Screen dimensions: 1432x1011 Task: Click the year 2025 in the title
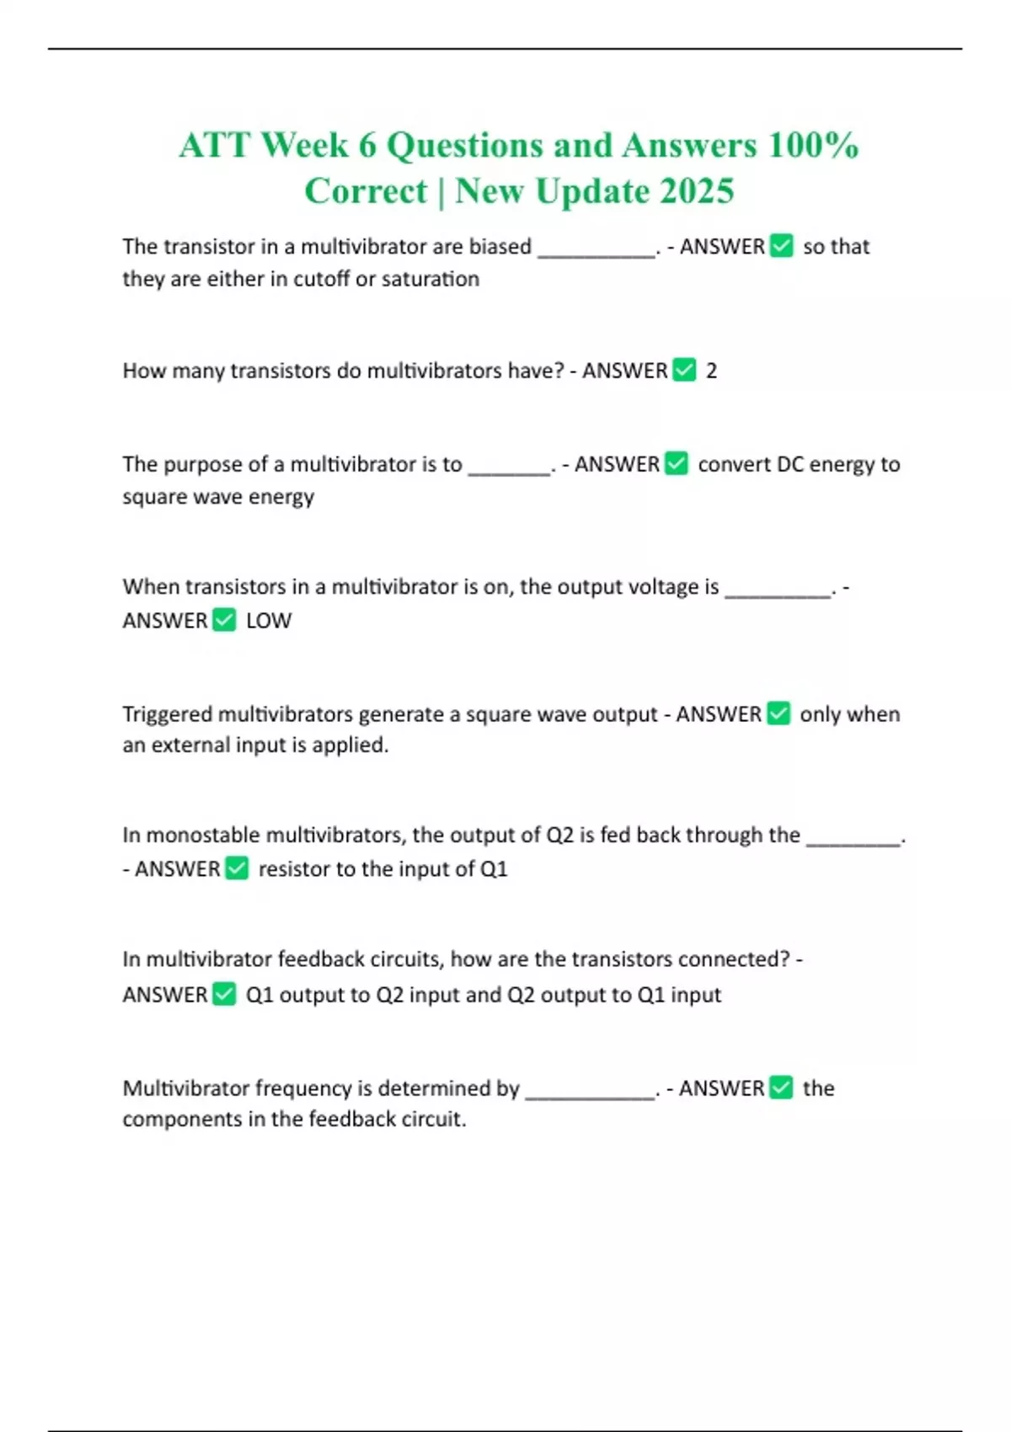click(x=697, y=191)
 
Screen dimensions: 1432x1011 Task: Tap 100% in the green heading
click(x=812, y=146)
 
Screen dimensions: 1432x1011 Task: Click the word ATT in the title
click(x=214, y=146)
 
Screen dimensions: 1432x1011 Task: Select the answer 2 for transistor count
click(x=711, y=371)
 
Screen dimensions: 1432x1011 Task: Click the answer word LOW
click(x=268, y=621)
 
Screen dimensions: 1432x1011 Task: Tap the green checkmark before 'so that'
click(x=782, y=246)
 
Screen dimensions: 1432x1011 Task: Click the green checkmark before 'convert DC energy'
click(x=677, y=463)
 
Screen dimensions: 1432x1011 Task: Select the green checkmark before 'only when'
click(x=778, y=713)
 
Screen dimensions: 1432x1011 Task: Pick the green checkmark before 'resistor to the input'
click(x=238, y=868)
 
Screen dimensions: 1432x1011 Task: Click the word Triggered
click(x=167, y=714)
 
